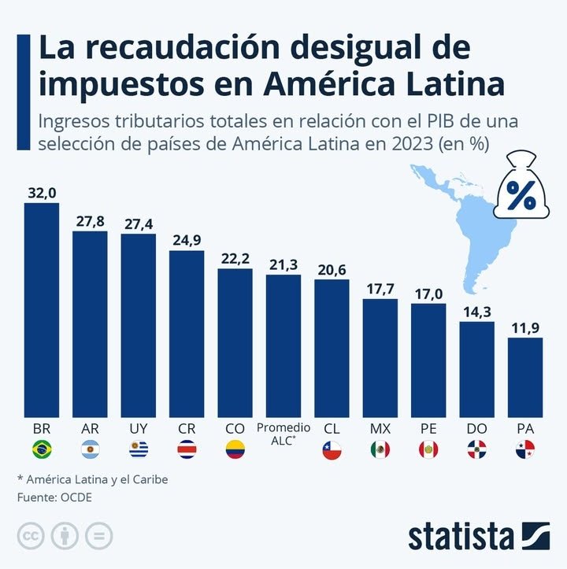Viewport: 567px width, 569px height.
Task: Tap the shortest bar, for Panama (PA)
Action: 525,377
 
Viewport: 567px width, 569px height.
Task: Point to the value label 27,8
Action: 90,221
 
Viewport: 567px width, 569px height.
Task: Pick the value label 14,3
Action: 476,312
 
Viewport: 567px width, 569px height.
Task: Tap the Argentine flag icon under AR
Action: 90,449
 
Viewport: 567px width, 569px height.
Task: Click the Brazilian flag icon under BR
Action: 41,449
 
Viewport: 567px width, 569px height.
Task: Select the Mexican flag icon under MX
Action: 380,449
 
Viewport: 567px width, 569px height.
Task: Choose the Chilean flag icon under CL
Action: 332,449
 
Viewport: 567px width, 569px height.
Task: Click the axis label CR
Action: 187,428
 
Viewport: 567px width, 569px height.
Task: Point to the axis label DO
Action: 476,428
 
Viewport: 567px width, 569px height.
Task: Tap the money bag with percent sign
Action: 519,189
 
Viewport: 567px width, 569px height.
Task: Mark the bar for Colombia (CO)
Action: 235,342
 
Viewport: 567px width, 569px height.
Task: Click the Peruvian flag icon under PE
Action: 428,449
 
